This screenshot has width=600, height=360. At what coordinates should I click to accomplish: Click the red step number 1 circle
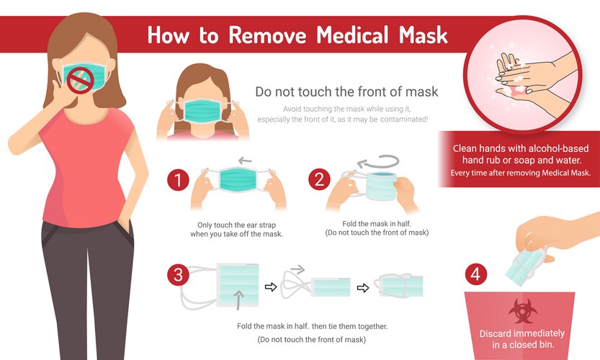click(x=178, y=180)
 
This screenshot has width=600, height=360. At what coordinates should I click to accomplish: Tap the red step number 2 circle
click(x=320, y=179)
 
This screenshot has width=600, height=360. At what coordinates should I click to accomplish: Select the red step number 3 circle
click(x=178, y=275)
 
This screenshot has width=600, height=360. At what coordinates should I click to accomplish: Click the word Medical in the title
click(x=352, y=35)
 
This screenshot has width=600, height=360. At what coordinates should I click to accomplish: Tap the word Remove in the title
click(x=267, y=35)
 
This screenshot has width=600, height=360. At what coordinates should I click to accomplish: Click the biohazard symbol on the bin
click(x=523, y=310)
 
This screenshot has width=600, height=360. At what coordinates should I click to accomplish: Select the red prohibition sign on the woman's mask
click(x=81, y=81)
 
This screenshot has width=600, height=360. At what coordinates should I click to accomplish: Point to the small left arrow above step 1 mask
click(x=245, y=161)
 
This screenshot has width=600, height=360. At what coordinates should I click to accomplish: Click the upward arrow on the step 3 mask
click(x=238, y=300)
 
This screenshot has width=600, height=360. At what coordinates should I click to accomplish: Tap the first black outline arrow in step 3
click(x=271, y=287)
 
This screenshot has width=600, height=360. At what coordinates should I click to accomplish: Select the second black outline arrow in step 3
click(x=363, y=288)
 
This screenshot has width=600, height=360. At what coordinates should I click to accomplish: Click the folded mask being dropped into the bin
click(x=524, y=265)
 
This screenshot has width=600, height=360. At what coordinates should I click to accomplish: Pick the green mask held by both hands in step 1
click(x=238, y=180)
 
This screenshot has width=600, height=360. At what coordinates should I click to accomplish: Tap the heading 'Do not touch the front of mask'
click(x=346, y=92)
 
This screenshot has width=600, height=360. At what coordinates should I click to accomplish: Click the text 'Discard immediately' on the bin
click(x=522, y=333)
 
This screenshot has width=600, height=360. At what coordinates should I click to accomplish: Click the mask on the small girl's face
click(x=203, y=110)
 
